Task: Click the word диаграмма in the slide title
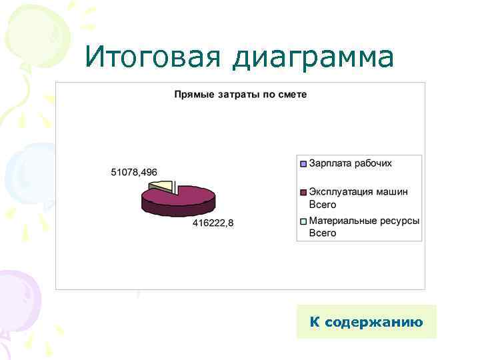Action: click(313, 59)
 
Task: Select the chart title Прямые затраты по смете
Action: click(240, 95)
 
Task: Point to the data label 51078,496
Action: click(134, 172)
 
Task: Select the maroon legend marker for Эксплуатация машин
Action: click(303, 192)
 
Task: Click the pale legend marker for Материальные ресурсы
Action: click(303, 221)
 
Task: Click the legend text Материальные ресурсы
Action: click(364, 221)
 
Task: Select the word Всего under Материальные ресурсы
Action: click(323, 233)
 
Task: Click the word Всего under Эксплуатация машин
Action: click(323, 205)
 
